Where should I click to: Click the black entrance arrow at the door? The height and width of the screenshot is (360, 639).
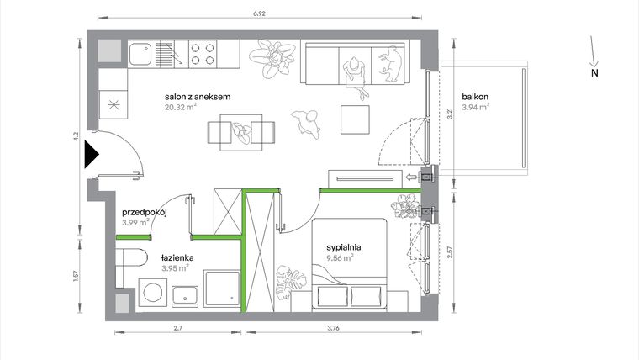[x=91, y=155]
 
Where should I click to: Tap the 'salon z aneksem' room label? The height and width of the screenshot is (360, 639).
[x=198, y=97]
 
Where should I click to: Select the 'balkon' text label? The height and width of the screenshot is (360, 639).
[x=473, y=97]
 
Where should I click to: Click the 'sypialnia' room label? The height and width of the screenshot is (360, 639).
[x=345, y=247]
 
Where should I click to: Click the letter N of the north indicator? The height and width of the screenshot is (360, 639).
[x=594, y=72]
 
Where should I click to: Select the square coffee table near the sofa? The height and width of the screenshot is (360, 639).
[x=356, y=119]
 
